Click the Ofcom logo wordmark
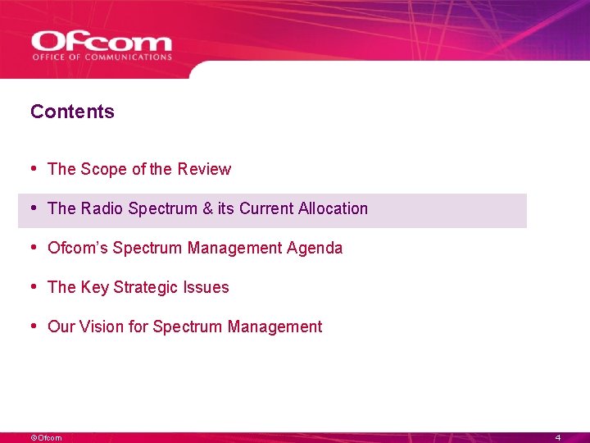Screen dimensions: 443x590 click(102, 42)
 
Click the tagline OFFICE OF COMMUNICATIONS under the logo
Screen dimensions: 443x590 click(102, 57)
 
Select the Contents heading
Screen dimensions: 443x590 click(72, 112)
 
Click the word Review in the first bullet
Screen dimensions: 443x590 click(204, 169)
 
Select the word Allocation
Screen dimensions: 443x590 click(333, 208)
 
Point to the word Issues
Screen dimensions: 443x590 click(208, 287)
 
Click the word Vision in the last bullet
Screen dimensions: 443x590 click(103, 327)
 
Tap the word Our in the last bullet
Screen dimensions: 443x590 click(61, 327)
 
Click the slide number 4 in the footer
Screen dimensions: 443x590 click(557, 438)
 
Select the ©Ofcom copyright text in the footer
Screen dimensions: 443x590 click(46, 438)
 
